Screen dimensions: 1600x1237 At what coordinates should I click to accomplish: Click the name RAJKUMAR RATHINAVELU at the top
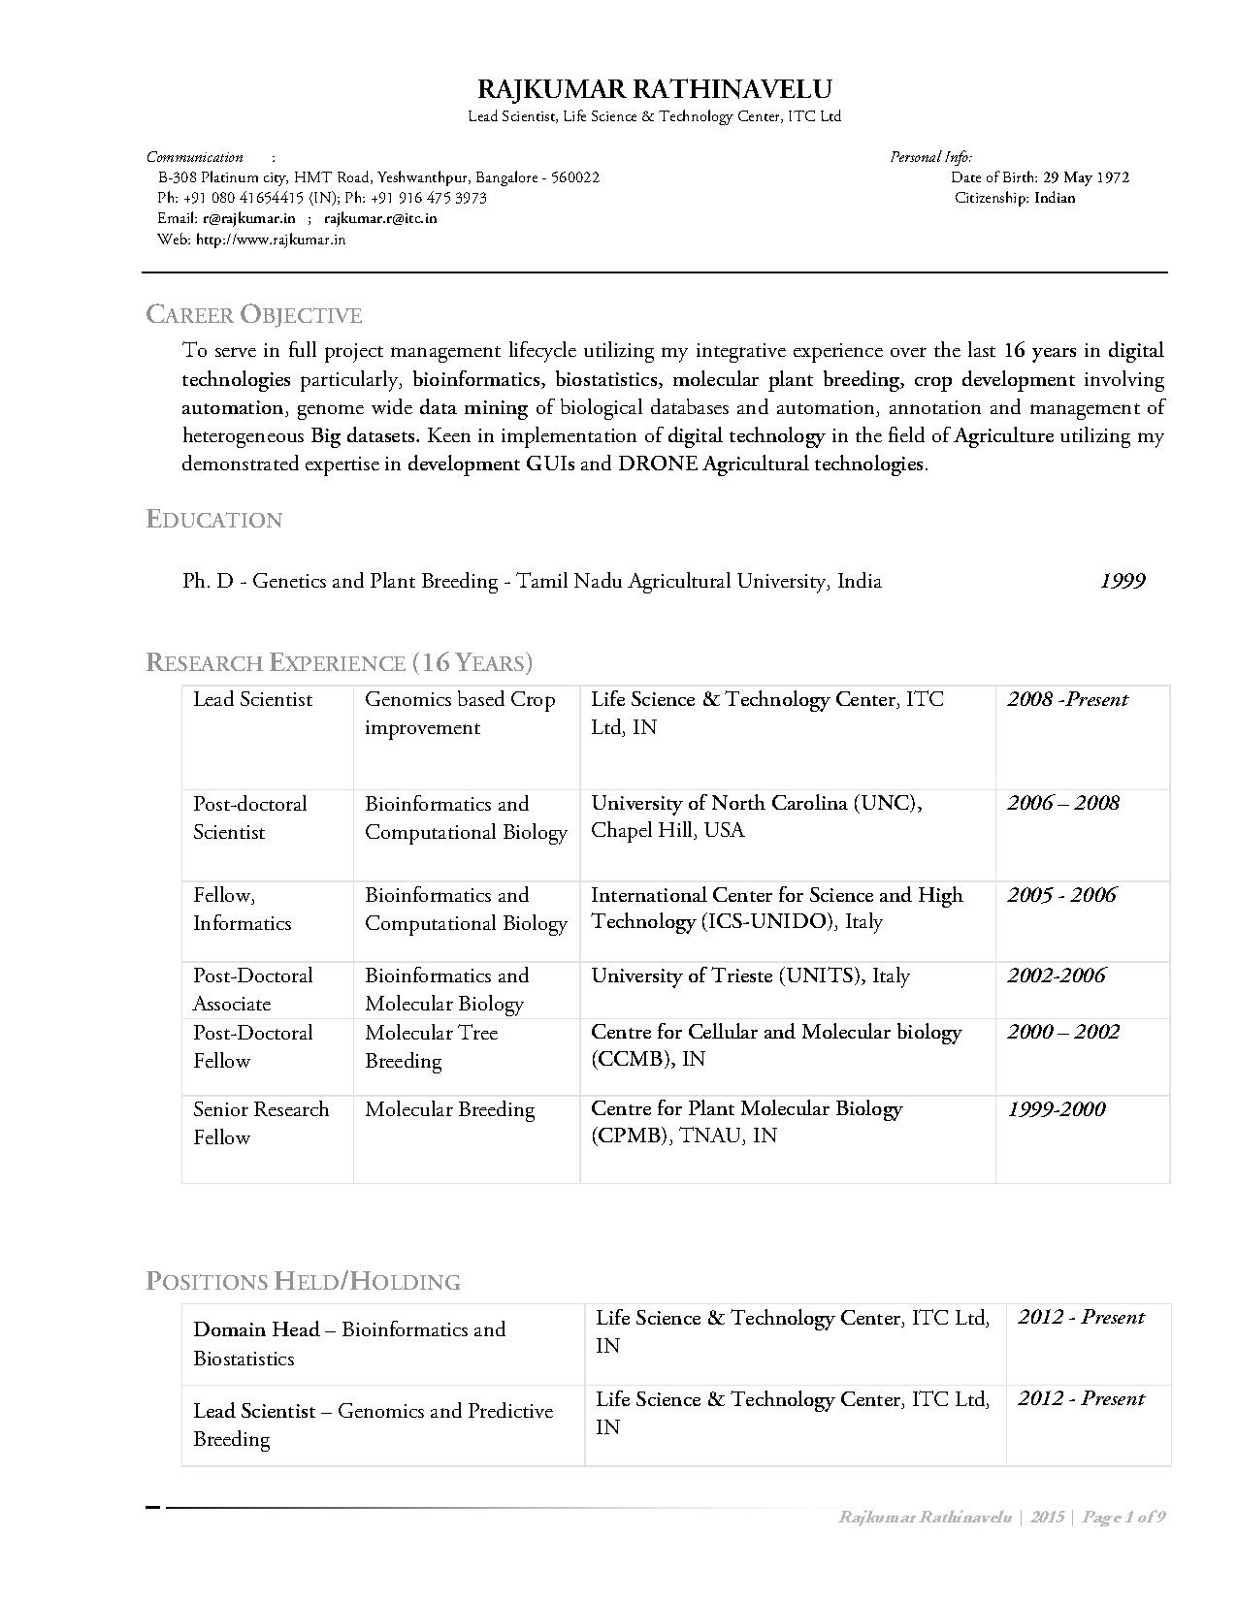click(x=655, y=90)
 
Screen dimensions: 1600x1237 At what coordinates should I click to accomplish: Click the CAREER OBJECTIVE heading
click(x=253, y=315)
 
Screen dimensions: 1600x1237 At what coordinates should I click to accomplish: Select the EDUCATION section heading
click(x=214, y=520)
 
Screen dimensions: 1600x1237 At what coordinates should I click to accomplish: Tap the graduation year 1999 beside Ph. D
click(x=1123, y=581)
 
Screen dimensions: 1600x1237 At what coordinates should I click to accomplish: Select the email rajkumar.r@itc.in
click(x=380, y=218)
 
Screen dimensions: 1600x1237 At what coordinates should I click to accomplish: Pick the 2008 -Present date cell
click(x=1067, y=699)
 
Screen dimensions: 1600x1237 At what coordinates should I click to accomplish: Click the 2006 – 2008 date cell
click(x=1062, y=803)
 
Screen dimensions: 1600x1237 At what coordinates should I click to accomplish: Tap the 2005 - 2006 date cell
click(x=1061, y=895)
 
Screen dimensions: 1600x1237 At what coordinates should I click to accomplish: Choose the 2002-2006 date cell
click(x=1056, y=976)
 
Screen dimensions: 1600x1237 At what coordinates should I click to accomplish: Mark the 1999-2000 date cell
click(x=1056, y=1109)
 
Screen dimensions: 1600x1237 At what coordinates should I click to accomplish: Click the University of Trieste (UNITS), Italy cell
click(x=750, y=976)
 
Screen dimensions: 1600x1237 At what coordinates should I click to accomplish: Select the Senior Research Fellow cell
click(x=260, y=1123)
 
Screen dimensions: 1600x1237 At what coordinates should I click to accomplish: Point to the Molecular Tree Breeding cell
click(x=432, y=1046)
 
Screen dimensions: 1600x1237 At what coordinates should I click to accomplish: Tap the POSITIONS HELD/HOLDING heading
click(x=303, y=1282)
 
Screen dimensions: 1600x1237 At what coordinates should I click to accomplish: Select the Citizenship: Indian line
click(x=1015, y=198)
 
